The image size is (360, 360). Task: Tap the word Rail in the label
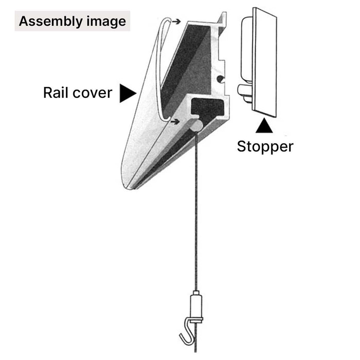[x=56, y=93]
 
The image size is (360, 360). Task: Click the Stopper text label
[x=265, y=147]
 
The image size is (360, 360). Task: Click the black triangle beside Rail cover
[x=127, y=93]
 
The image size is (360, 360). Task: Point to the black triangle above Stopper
[x=264, y=126]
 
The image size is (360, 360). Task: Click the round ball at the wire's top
[x=195, y=125]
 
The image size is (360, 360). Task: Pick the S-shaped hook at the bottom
[x=188, y=330]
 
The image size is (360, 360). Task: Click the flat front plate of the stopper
[x=265, y=62]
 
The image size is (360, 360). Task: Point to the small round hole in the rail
[x=220, y=79]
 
